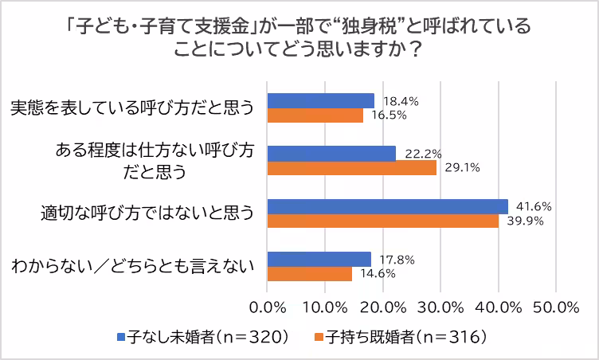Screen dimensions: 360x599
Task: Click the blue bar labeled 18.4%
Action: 320,100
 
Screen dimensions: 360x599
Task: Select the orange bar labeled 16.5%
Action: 315,115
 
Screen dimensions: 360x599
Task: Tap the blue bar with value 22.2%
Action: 331,153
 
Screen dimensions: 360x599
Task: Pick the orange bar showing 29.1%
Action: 351,168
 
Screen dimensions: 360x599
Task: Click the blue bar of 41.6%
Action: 387,206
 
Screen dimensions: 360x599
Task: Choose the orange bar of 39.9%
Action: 382,221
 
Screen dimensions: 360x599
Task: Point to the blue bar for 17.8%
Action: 319,259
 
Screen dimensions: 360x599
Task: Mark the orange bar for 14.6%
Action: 310,274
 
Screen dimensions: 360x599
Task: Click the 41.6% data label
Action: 534,206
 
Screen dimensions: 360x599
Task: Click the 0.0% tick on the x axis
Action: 268,307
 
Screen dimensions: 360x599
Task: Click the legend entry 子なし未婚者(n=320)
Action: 204,337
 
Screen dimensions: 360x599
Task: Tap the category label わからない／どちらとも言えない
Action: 132,266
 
